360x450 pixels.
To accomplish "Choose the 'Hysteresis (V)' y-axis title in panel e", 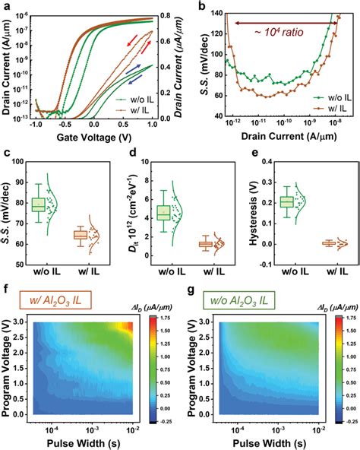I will pos(253,213).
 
